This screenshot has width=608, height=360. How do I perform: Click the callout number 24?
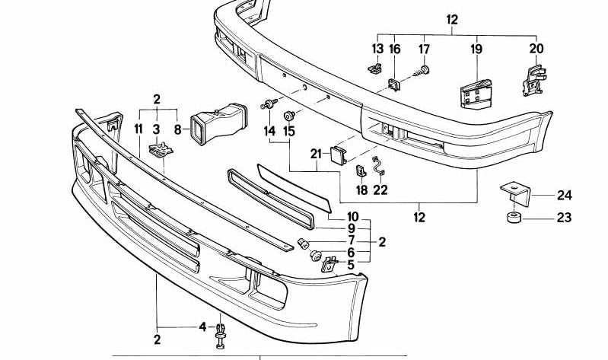[563, 195]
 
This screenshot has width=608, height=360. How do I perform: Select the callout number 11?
[138, 129]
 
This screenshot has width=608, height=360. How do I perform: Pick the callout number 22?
[380, 190]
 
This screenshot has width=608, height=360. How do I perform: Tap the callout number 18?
[361, 190]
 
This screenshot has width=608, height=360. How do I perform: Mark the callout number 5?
[351, 265]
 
